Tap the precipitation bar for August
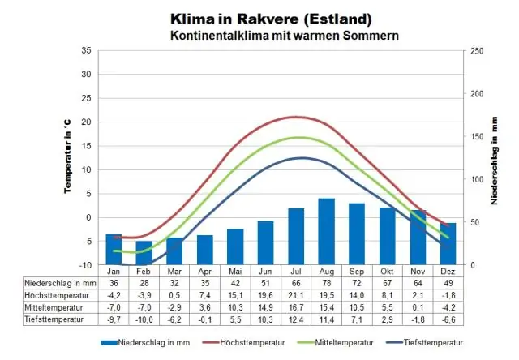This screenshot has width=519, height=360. pyautogui.click(x=326, y=231)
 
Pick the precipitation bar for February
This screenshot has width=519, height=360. pyautogui.click(x=144, y=252)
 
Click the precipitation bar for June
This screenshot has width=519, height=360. pyautogui.click(x=265, y=242)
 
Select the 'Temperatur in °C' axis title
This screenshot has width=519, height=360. pyautogui.click(x=68, y=157)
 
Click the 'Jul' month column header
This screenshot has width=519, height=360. pyautogui.click(x=296, y=271)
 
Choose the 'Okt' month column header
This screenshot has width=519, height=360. pyautogui.click(x=387, y=271)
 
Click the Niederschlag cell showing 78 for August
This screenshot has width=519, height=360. pyautogui.click(x=326, y=282)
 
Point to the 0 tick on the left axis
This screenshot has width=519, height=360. pyautogui.click(x=88, y=217)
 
